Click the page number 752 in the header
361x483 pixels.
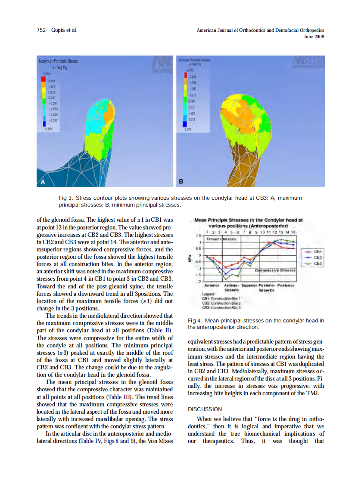(x=41, y=30)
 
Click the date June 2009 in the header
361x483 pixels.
(x=314, y=37)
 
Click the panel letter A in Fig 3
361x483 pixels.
(x=43, y=182)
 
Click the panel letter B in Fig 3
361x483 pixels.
(x=181, y=182)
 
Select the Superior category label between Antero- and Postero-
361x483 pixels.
(x=249, y=285)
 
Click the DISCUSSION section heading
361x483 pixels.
(x=205, y=409)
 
